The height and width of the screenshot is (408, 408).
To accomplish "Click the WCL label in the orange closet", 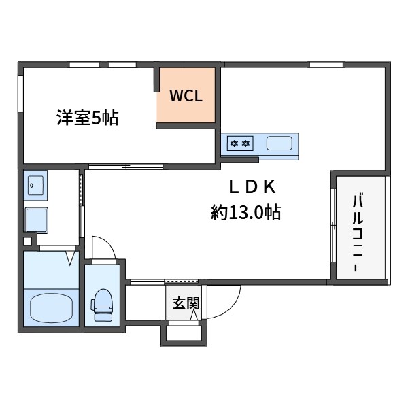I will coord(186,96).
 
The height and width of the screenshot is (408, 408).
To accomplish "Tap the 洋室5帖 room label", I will coord(87,118).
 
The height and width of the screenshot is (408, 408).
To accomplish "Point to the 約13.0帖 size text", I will coord(245,213).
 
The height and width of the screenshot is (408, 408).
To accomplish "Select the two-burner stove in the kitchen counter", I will coord(239,143).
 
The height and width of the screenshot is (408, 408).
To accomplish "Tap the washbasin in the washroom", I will coord(33,185).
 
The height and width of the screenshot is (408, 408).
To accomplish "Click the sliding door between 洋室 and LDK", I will coord(125,165).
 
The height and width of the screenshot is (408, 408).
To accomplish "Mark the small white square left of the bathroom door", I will coord(27,241).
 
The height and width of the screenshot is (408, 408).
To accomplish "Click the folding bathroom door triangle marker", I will coord(71,258).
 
